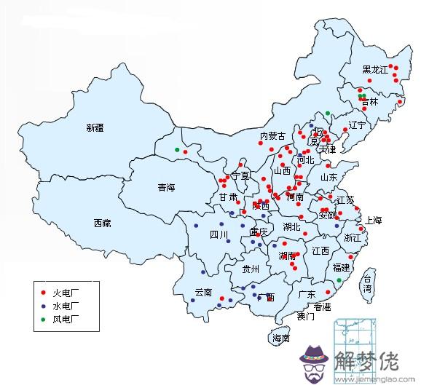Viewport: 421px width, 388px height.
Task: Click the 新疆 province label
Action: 95,128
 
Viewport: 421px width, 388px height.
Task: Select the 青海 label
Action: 167,188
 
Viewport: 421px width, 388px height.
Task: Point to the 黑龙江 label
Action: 377,70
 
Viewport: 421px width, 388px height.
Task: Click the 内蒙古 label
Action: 273,136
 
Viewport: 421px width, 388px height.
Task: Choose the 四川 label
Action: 219,234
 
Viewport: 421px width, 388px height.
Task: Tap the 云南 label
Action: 203,293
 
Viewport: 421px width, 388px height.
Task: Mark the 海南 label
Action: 281,338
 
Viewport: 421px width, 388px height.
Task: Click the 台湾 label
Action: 369,284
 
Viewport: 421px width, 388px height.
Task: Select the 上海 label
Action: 373,220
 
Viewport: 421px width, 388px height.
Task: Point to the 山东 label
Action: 328,177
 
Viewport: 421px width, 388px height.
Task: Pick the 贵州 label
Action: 251,269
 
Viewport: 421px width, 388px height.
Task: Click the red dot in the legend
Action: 43,292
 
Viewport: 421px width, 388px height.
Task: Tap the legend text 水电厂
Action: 66,306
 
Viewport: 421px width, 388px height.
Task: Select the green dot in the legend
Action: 43,319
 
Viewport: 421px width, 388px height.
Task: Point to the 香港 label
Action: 322,306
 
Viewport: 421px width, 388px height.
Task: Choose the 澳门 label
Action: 306,317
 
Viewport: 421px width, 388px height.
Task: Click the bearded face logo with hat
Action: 314,362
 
